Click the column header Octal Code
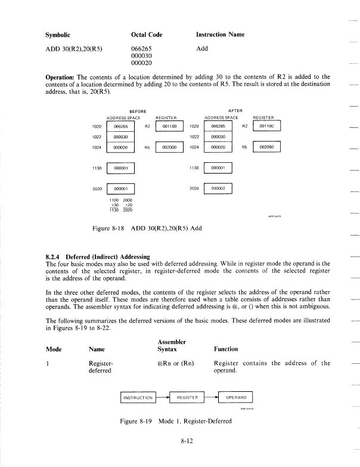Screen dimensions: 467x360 click(x=146, y=35)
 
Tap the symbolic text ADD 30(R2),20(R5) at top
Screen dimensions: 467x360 click(x=72, y=49)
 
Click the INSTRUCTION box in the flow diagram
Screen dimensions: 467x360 click(x=138, y=397)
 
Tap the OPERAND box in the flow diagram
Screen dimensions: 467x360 click(x=236, y=397)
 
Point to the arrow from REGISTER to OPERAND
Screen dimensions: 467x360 click(x=212, y=397)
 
